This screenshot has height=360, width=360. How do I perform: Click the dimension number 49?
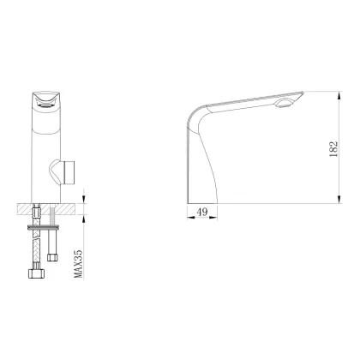tap(202, 209)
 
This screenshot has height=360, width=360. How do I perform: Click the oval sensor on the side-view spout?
tap(284, 105)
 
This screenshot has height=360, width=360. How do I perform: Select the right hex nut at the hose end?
tap(53, 256)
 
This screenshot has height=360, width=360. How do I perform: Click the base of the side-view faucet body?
tap(203, 194)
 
